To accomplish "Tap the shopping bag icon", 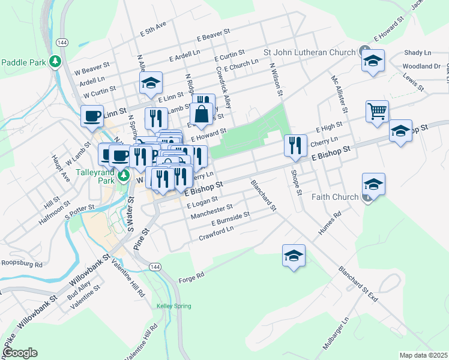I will coord(201,113).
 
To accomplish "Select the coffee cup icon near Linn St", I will coord(92,116).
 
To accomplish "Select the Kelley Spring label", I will coord(173,306).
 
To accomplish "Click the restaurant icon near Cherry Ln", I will coord(295,146).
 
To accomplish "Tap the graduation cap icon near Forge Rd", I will coord(294,256).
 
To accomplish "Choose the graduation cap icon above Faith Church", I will coord(373,184).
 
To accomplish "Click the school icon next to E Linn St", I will coord(151,83).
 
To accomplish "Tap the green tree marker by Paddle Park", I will coord(55,62).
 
